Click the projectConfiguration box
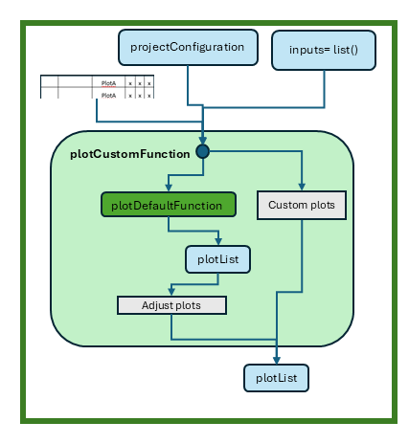pos(188,46)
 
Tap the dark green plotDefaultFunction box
pos(168,204)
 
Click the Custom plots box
pos(302,204)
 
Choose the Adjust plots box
pos(171,305)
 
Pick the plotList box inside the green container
pos(218,257)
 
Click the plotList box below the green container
pos(276,378)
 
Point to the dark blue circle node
pos(203,151)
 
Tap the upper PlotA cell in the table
pos(108,84)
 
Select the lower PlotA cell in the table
pos(108,95)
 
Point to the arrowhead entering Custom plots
pos(302,189)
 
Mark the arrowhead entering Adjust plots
pos(171,293)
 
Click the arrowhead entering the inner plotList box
pos(218,242)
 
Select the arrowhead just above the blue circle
pos(203,140)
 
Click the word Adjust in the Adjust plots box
pos(158,305)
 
